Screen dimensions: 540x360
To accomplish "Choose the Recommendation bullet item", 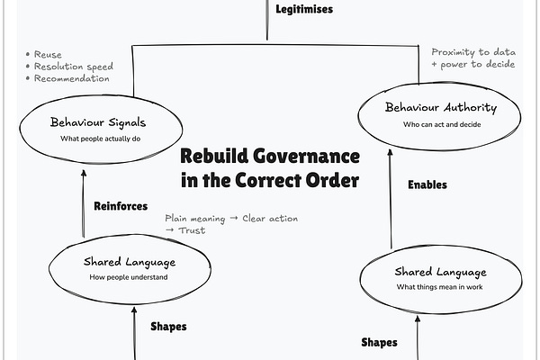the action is click(70, 78).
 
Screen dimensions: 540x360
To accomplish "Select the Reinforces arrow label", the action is click(120, 206).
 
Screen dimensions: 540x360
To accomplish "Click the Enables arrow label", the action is click(427, 184).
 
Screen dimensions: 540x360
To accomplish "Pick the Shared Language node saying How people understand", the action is click(129, 268).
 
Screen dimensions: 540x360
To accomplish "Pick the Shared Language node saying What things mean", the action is click(440, 278).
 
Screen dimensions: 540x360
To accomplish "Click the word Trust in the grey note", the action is click(191, 230).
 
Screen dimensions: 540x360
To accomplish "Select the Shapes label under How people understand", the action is click(168, 327).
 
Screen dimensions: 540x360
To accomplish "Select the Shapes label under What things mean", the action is click(379, 342).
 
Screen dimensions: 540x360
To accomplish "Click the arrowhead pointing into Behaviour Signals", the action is click(85, 174).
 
